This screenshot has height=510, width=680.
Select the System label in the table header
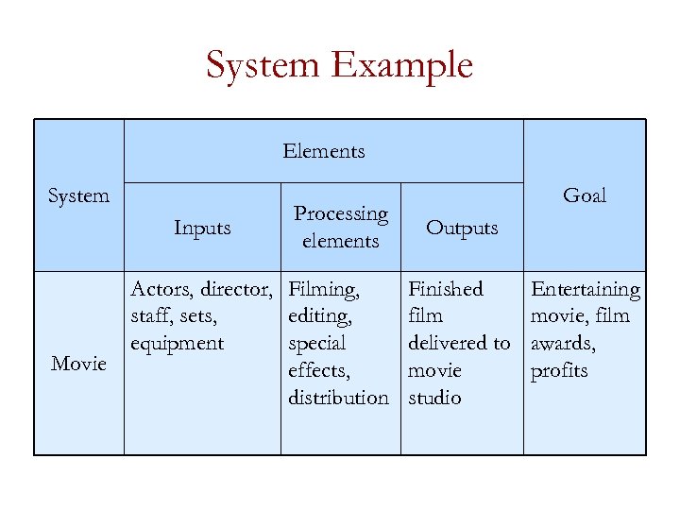pyautogui.click(x=78, y=195)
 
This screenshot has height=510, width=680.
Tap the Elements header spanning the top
pyautogui.click(x=324, y=151)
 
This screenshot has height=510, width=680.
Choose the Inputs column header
pyautogui.click(x=202, y=228)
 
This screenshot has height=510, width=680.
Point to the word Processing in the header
pyautogui.click(x=341, y=214)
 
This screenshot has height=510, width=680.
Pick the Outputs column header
pyautogui.click(x=462, y=228)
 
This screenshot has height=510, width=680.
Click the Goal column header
pyautogui.click(x=585, y=195)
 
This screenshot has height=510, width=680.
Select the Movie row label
pyautogui.click(x=78, y=364)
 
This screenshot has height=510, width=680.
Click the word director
pyautogui.click(x=236, y=289)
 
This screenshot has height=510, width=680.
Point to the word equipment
pyautogui.click(x=178, y=344)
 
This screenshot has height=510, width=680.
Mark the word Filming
pyautogui.click(x=323, y=289)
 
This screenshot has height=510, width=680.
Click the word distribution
pyautogui.click(x=338, y=398)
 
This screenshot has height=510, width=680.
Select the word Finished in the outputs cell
pyautogui.click(x=445, y=289)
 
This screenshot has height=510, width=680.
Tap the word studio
pyautogui.click(x=434, y=398)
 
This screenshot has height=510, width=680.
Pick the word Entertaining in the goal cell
pyautogui.click(x=586, y=289)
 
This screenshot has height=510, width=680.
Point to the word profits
pyautogui.click(x=559, y=371)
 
